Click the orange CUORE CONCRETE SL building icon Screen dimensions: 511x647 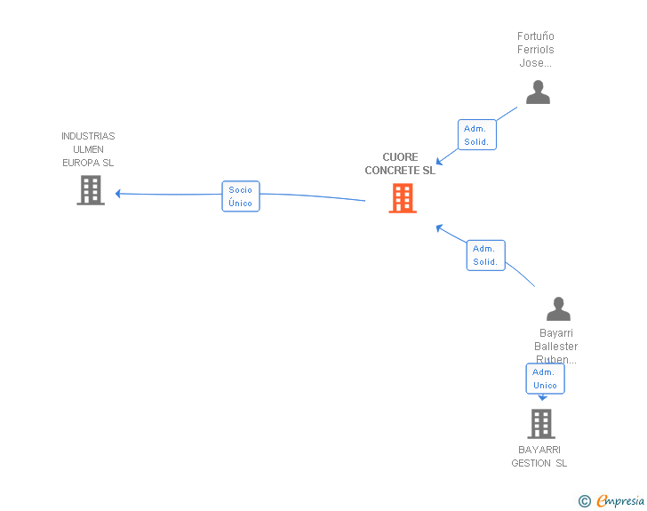(x=403, y=198)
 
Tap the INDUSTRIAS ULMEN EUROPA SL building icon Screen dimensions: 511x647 (x=91, y=190)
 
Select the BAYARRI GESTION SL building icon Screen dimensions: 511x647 (x=540, y=424)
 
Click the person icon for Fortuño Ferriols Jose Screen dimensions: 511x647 (x=538, y=92)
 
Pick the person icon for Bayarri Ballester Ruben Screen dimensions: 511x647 (x=558, y=309)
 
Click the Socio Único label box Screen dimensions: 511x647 (x=240, y=196)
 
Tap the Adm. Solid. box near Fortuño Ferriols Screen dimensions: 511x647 (x=476, y=135)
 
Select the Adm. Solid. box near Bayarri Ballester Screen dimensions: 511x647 (x=485, y=255)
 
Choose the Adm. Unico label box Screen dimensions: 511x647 (x=545, y=379)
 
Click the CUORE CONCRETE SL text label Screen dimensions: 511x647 (x=400, y=164)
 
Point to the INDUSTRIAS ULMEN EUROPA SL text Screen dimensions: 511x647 (x=88, y=149)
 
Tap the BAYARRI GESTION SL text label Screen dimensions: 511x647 (x=539, y=456)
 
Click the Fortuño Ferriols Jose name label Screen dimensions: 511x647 (x=536, y=50)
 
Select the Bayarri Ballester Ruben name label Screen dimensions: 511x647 (x=556, y=347)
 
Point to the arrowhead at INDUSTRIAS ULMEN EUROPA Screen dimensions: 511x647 (x=118, y=193)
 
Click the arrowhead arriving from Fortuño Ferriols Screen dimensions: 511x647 (x=439, y=162)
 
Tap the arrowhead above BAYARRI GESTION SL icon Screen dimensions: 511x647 (x=542, y=398)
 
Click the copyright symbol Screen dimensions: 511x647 (x=584, y=501)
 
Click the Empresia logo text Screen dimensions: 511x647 (x=620, y=500)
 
